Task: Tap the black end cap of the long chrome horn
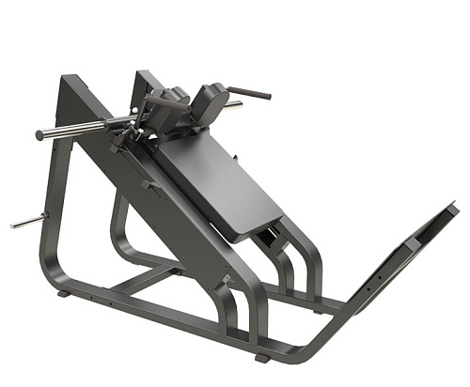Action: (x=39, y=136)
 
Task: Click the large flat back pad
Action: (x=222, y=178)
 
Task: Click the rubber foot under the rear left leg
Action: (x=63, y=294)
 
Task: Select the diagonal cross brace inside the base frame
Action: (x=150, y=281)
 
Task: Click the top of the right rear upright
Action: (x=141, y=74)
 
